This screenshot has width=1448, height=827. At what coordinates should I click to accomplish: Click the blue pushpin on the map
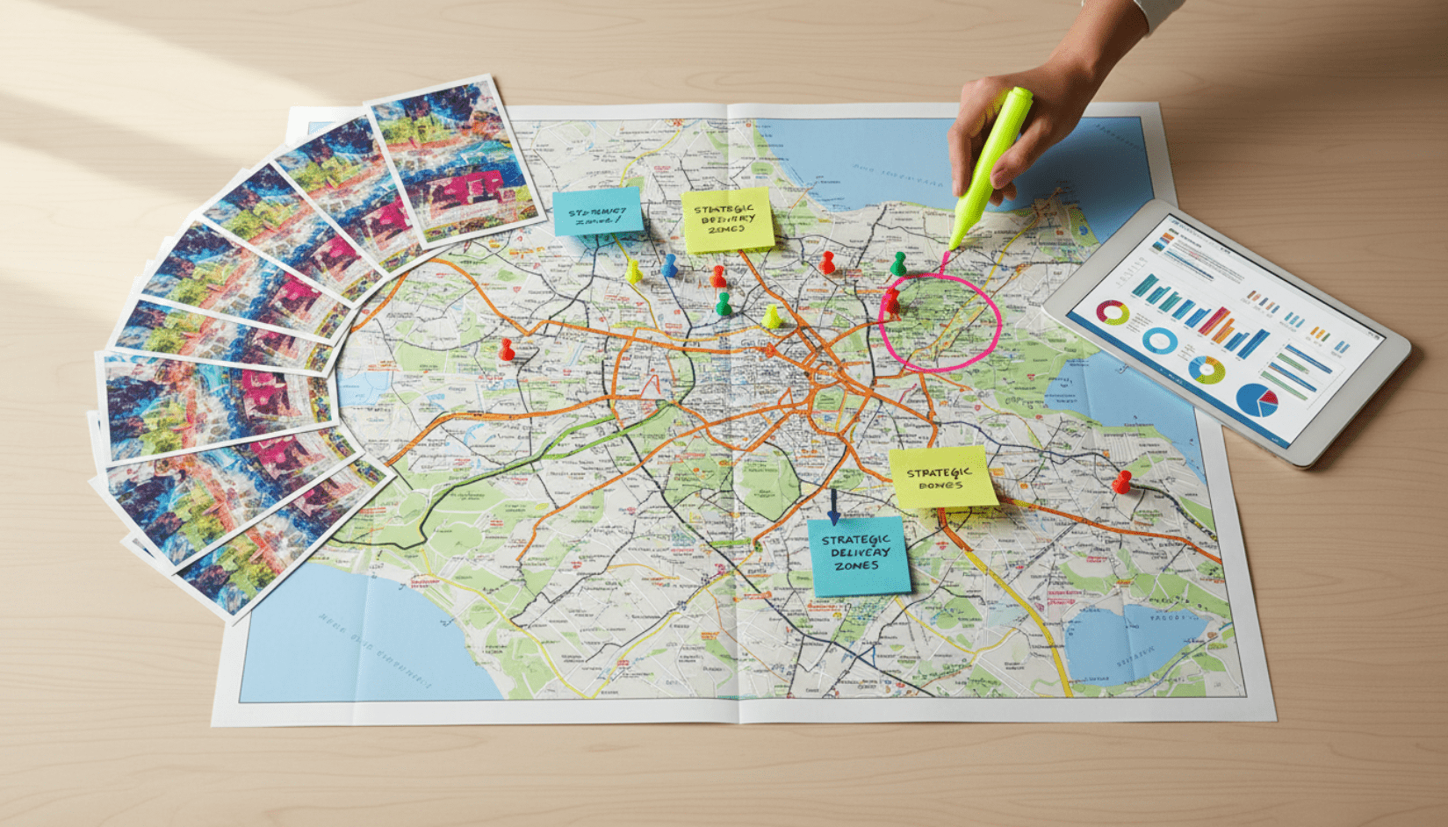pyautogui.click(x=669, y=263)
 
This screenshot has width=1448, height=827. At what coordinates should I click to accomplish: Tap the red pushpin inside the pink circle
pyautogui.click(x=891, y=301)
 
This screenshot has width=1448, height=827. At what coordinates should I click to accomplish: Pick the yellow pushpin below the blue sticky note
pyautogui.click(x=633, y=270)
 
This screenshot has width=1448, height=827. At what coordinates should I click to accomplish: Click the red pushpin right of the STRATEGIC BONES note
pyautogui.click(x=1121, y=481)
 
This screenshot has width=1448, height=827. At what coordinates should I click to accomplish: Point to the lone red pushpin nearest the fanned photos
pyautogui.click(x=507, y=349)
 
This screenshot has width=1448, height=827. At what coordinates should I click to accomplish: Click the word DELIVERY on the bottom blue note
pyautogui.click(x=860, y=553)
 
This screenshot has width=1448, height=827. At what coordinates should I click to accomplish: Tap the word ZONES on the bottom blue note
pyautogui.click(x=856, y=566)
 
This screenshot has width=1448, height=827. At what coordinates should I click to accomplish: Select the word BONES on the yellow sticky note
pyautogui.click(x=940, y=485)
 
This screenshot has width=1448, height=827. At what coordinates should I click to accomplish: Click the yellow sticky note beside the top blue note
pyautogui.click(x=727, y=219)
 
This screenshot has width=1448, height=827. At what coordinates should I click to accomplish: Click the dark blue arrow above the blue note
pyautogui.click(x=833, y=507)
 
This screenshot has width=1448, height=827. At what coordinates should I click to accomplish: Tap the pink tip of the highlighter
pyautogui.click(x=946, y=257)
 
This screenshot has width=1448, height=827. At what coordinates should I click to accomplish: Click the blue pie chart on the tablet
pyautogui.click(x=1257, y=399)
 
